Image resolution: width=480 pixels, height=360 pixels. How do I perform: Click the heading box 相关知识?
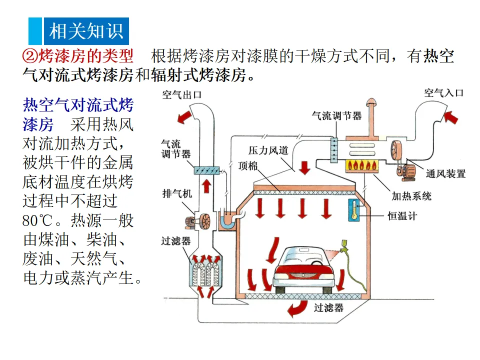click(85, 31)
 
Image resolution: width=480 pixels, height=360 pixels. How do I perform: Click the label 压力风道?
click(268, 150)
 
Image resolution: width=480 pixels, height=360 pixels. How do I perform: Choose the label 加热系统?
click(411, 195)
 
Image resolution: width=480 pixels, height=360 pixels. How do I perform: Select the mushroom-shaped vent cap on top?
click(371, 102)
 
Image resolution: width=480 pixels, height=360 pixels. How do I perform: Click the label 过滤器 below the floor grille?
click(328, 307)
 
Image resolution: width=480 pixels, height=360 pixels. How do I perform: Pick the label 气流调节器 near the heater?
click(336, 115)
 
